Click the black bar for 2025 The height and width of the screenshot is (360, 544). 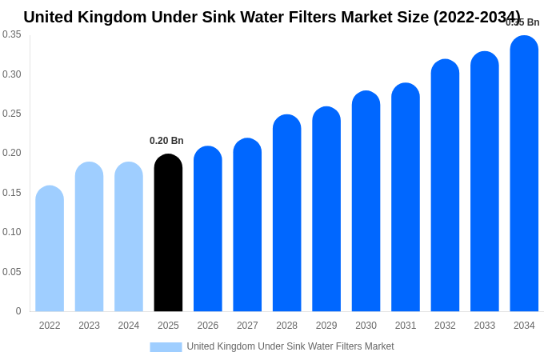point(168,233)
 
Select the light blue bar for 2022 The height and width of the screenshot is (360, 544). point(50,249)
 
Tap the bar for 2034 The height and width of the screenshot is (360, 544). point(524,174)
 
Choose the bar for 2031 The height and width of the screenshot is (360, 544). point(406,198)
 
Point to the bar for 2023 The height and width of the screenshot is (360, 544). point(89,237)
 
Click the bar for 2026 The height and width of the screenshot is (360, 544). point(208,229)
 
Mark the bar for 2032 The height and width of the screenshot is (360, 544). point(445,186)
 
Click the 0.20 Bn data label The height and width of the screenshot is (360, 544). point(166,141)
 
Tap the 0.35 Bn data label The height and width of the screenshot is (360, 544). point(522,22)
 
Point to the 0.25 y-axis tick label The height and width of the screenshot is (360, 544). point(12,114)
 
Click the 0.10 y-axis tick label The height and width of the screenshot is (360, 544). point(12,232)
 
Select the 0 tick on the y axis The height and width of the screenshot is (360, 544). point(18,311)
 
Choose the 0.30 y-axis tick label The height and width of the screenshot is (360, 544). point(12,74)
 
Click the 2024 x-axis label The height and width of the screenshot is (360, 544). point(129,326)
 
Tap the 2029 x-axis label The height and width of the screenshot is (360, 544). point(326,326)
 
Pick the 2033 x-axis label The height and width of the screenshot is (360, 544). point(485,326)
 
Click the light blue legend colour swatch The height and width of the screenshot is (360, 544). point(166,346)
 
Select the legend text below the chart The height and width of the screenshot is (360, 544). point(290,346)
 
